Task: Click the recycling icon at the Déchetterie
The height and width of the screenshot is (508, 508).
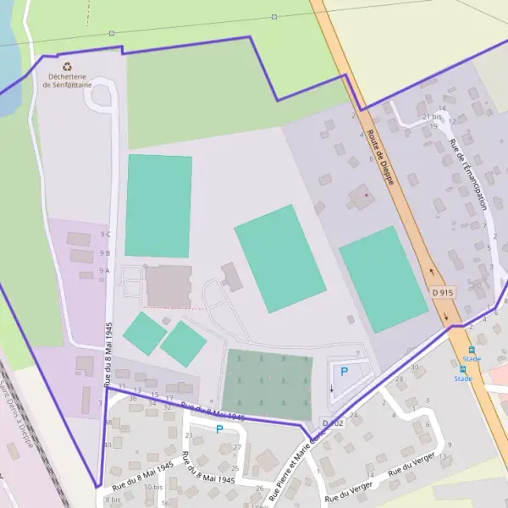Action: point(67,64)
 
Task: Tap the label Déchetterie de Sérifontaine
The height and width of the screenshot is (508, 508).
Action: point(67,80)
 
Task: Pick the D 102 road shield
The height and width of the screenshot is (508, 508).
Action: point(333,422)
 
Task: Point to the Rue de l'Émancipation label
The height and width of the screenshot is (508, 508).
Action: point(469,174)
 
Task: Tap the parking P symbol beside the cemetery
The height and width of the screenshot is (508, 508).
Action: point(344,371)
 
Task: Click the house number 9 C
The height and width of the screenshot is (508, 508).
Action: point(105,234)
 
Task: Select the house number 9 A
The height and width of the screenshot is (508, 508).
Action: point(105,271)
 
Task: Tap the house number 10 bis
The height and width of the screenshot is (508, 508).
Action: point(153,487)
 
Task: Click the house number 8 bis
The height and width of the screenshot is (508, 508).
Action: point(113,500)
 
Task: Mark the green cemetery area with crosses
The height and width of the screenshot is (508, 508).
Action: point(267,384)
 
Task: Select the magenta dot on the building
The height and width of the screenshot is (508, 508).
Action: point(366,195)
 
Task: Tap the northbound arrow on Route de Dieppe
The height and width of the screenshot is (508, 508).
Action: point(431,273)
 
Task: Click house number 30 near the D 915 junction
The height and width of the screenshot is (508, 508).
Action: point(414,367)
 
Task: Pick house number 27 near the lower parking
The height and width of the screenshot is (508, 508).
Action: point(237,447)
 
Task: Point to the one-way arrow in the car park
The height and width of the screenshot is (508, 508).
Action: point(331,389)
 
